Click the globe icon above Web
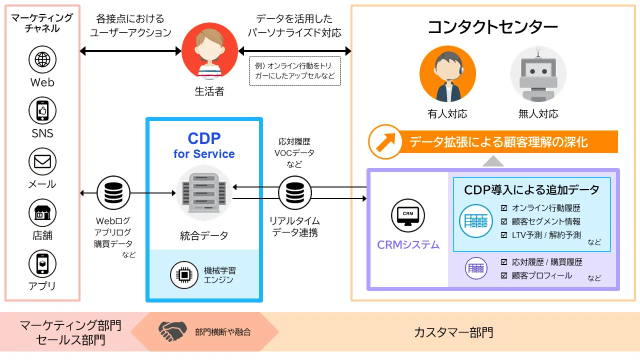tap(42, 59)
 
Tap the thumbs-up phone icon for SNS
tap(42, 110)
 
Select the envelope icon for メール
tap(42, 161)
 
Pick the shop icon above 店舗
tap(42, 212)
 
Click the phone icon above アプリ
tap(42, 263)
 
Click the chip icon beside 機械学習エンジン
tap(184, 274)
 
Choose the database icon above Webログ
tap(113, 192)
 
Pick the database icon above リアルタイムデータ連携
tap(294, 192)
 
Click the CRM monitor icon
tap(407, 215)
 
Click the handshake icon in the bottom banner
tap(172, 331)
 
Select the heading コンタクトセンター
tap(492, 27)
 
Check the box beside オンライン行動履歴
tap(504, 208)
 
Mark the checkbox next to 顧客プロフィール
tap(504, 275)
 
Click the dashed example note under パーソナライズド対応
tap(294, 71)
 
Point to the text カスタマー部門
tap(453, 332)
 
